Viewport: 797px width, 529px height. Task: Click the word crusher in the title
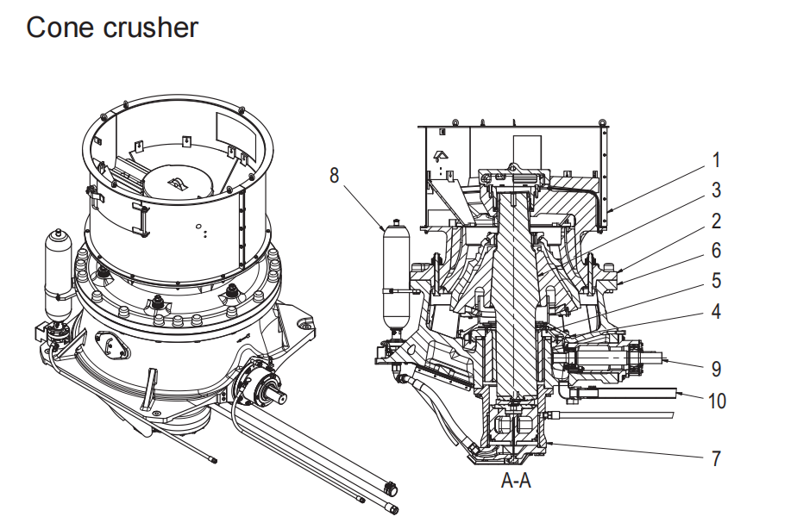click(151, 28)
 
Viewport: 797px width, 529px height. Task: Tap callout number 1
click(715, 160)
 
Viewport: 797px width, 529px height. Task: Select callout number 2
click(715, 221)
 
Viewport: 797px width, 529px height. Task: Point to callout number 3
click(715, 190)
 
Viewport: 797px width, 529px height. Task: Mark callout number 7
click(715, 457)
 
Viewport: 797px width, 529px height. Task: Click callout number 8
click(335, 176)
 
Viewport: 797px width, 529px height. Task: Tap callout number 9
click(715, 369)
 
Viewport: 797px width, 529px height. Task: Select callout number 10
click(719, 401)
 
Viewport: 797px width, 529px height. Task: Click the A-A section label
click(516, 481)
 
